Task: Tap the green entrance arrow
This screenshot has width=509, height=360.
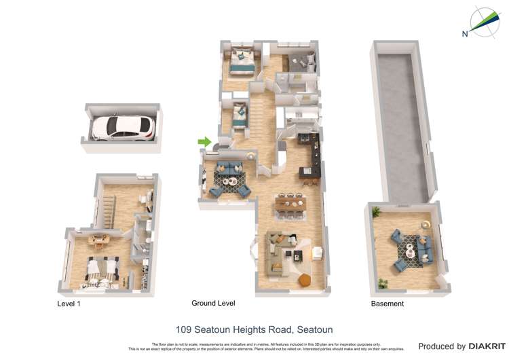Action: tap(204, 141)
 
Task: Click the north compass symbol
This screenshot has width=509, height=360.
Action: tap(484, 22)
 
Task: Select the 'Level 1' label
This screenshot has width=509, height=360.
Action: tap(69, 304)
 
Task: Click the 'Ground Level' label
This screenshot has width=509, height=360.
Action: tap(213, 304)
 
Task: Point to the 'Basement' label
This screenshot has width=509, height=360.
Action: tap(387, 304)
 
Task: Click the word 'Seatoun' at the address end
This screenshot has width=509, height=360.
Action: tap(314, 330)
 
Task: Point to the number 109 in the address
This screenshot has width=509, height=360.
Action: tap(183, 330)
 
